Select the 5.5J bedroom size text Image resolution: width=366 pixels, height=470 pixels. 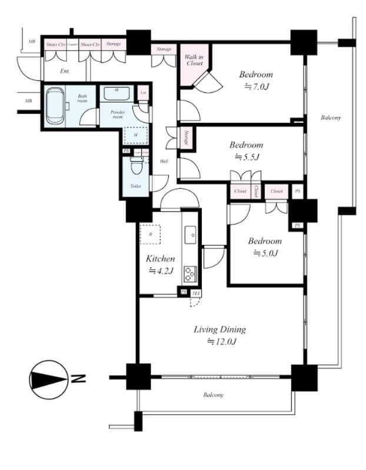(247, 157)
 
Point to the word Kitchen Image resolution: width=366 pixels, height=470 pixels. (160, 258)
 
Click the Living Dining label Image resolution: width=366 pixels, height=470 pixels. (220, 329)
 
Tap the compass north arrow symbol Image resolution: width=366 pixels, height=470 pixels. (47, 379)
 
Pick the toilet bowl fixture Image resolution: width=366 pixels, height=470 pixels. (136, 169)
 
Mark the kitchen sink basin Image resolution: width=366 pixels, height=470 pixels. (191, 236)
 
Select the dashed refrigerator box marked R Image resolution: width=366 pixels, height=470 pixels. (149, 234)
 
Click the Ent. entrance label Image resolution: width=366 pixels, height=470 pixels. (66, 70)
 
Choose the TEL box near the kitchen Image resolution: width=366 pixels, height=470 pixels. (196, 293)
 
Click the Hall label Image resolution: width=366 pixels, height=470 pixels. (163, 160)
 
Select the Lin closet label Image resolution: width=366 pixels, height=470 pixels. (143, 92)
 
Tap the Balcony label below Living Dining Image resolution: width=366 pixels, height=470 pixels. (214, 395)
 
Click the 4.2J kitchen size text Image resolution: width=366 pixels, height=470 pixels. (160, 271)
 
